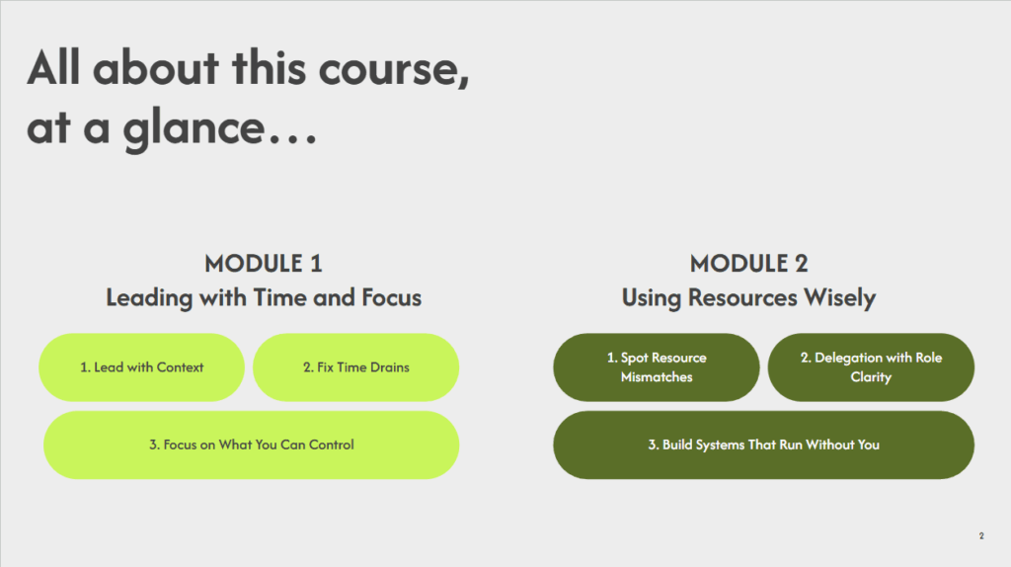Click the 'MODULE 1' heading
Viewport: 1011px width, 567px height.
(264, 264)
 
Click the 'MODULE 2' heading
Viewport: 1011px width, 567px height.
(748, 264)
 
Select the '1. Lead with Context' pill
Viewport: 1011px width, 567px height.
(141, 367)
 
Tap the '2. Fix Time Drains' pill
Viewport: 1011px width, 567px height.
(355, 367)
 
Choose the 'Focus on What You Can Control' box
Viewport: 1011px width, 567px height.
(251, 445)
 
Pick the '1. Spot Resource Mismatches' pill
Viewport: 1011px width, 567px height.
(657, 367)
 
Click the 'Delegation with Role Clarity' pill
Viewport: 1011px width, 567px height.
(871, 367)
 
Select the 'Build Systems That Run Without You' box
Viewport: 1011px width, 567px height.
(763, 445)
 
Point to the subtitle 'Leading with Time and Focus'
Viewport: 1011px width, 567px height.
(264, 297)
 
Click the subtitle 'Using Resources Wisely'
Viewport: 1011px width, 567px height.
(748, 297)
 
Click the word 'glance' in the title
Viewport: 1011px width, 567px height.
(194, 128)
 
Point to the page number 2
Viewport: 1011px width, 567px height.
(981, 536)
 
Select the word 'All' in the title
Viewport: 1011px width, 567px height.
(60, 69)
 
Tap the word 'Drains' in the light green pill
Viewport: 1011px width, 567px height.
(388, 367)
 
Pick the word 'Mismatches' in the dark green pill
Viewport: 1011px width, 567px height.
(657, 377)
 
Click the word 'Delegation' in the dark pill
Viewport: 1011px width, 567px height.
(847, 358)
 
